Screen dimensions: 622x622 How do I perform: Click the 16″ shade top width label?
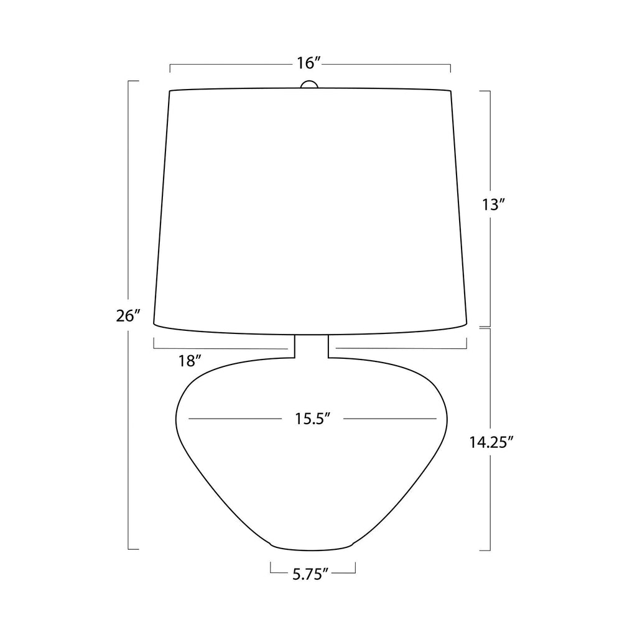(x=309, y=63)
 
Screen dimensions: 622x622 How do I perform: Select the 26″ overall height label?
(x=129, y=316)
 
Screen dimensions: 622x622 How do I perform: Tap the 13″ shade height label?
(x=493, y=205)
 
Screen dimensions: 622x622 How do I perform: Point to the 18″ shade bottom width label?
(x=190, y=361)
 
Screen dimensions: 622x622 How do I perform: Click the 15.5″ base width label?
(x=313, y=419)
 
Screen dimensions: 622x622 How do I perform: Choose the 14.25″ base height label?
(x=489, y=442)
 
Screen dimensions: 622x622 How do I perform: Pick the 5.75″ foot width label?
(x=311, y=574)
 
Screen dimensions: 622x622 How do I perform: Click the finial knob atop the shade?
(x=309, y=85)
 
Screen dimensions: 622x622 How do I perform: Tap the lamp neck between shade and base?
(x=312, y=346)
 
